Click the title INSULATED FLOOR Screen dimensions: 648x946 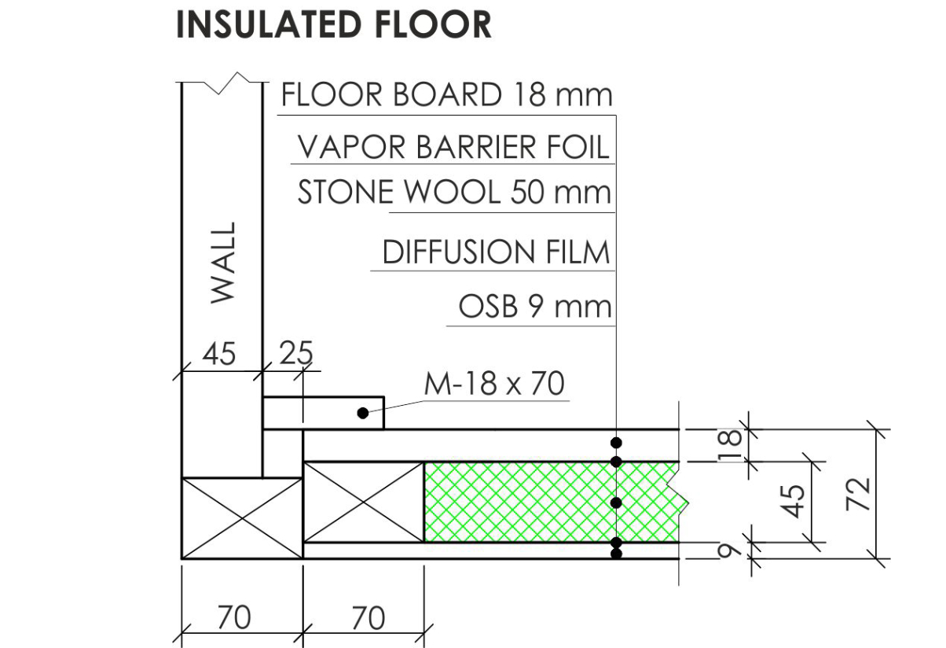334,25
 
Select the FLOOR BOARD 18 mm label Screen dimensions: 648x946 446,95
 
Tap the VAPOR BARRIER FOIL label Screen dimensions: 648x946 453,147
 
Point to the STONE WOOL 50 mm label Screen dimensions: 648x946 454,193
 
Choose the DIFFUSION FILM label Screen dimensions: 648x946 496,252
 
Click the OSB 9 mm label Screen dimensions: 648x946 534,306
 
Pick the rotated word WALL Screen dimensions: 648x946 224,261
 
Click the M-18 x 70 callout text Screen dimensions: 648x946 494,384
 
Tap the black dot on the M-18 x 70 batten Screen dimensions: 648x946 362,412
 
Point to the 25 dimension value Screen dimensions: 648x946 295,355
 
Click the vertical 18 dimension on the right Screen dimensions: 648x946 731,446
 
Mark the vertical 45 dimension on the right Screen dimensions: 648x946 797,501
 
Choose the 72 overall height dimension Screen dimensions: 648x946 861,495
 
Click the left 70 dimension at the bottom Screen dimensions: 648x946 233,618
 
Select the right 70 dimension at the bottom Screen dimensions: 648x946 368,618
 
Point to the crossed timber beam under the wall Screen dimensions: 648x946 242,517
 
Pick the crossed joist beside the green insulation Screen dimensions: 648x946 364,502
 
